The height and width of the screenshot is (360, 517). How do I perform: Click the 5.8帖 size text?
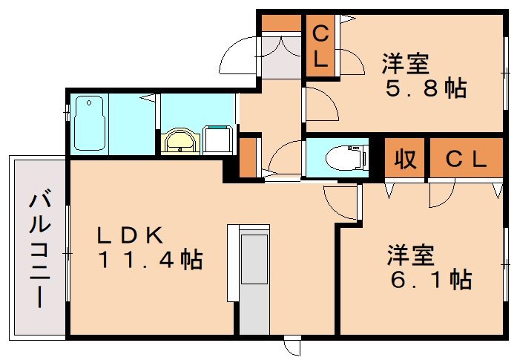425,88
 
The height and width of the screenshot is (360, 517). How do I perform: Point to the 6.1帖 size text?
429,279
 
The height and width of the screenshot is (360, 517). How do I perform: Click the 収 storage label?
404,159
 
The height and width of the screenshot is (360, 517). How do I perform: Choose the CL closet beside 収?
465,159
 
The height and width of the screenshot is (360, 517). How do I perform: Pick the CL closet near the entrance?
320,46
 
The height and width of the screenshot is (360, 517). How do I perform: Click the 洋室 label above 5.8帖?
405,62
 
